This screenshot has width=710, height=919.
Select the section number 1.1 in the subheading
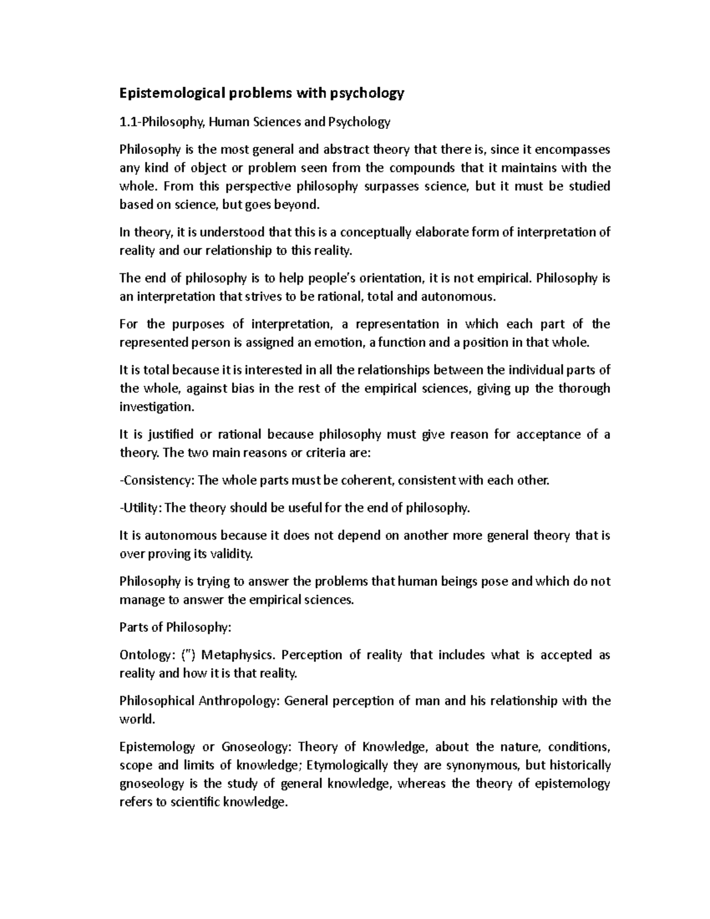(127, 122)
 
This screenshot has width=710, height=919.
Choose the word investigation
(156, 407)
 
